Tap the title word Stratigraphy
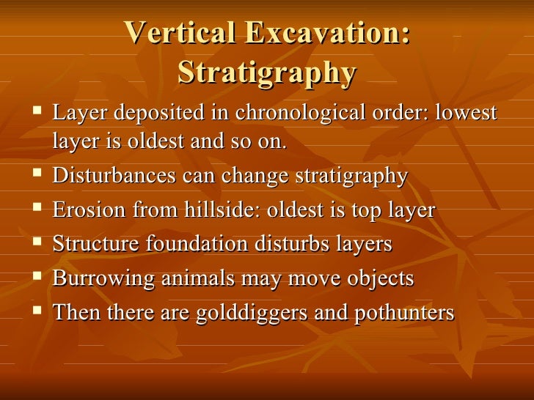pyautogui.click(x=267, y=73)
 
